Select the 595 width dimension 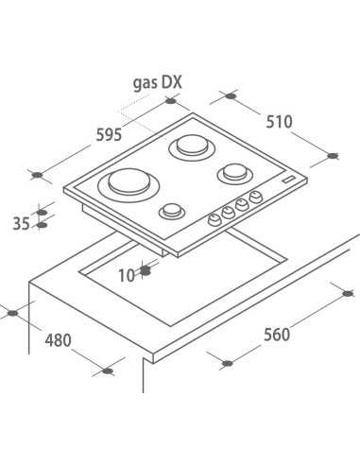(x=109, y=135)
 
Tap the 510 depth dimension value (x=279, y=122)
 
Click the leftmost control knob (x=214, y=218)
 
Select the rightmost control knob (x=256, y=197)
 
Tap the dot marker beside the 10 (x=146, y=272)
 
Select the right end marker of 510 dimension (x=332, y=155)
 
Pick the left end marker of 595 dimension (x=37, y=174)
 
